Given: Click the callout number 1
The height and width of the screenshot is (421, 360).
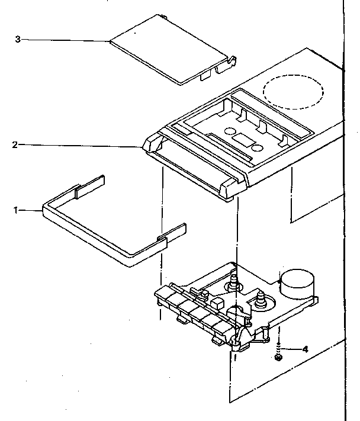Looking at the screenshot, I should point(17,210).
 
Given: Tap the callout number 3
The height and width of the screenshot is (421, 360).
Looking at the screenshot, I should point(18,39).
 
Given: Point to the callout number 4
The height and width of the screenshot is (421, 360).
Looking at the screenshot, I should point(306,349).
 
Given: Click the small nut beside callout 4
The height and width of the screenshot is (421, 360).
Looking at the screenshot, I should point(278,357).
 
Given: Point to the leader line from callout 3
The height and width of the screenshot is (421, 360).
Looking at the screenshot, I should point(65,40).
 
